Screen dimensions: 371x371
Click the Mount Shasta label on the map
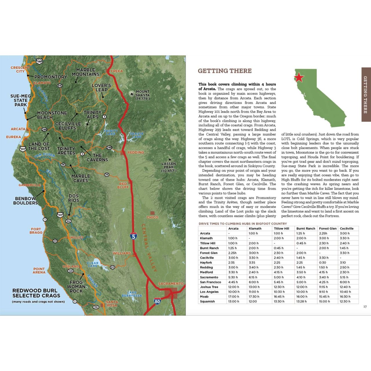click(x=143, y=95)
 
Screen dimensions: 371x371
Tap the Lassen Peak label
click(x=169, y=167)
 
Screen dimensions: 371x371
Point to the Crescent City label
click(x=20, y=69)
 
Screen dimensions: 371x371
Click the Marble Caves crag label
click(x=81, y=178)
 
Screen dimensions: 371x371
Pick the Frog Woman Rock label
click(x=76, y=286)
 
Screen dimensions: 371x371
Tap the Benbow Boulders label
click(x=26, y=201)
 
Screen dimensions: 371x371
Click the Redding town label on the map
click(x=136, y=152)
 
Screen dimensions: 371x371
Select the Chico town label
click(x=152, y=217)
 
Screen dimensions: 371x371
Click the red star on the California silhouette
click(x=299, y=77)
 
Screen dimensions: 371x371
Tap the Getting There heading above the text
click(x=225, y=71)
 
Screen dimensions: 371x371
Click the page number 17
click(x=365, y=307)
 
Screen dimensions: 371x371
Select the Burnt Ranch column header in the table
click(x=306, y=228)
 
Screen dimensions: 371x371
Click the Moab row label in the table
click(x=204, y=297)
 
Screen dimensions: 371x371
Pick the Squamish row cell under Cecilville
click(x=345, y=301)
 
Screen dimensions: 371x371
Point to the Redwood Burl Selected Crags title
click(x=36, y=293)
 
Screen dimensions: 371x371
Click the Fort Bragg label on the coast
click(x=37, y=231)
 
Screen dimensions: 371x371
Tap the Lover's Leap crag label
click(x=101, y=87)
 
